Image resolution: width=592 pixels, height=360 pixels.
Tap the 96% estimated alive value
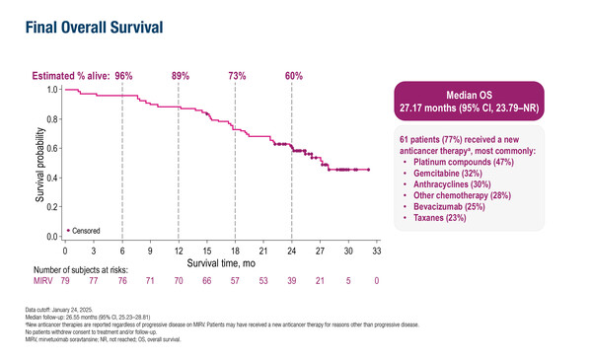124,76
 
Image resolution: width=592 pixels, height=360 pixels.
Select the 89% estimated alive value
181,76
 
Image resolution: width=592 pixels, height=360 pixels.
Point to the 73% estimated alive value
237,76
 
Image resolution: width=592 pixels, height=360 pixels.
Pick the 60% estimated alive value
294,76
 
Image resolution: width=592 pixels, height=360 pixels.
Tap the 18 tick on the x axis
236,251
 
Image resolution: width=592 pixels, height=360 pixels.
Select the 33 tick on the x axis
377,251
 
